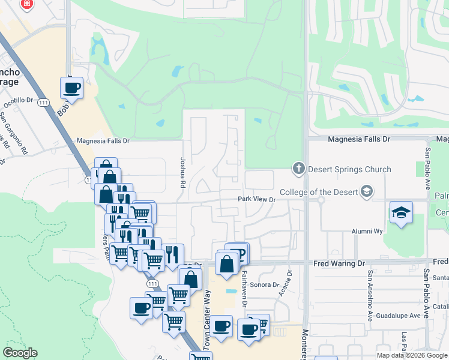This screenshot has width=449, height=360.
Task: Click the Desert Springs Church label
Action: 349,169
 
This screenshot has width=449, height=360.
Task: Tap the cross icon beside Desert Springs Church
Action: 299,169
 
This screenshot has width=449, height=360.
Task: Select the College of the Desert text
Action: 322,191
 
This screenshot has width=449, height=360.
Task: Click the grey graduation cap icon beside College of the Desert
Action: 366,191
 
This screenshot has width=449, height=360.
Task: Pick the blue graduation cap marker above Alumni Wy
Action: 401,213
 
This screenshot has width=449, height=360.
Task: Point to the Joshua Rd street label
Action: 179,173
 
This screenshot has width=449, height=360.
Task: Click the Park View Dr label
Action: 256,199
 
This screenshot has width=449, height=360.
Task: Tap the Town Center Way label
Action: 208,308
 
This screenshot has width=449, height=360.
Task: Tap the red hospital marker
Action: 26,5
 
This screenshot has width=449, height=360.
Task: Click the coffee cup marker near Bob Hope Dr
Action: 71,88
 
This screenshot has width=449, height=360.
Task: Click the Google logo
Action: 20,353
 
